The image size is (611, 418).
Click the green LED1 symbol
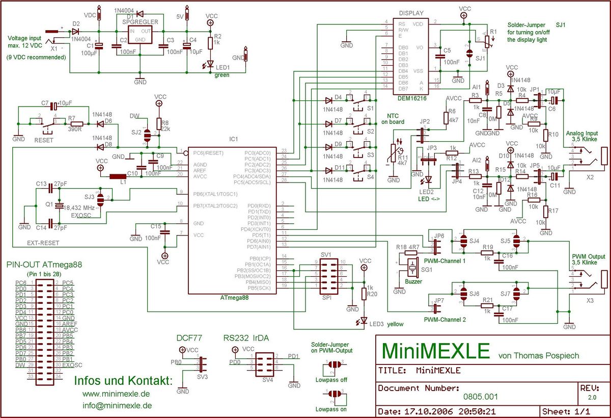(x=210, y=65)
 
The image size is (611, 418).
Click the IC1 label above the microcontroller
(x=233, y=139)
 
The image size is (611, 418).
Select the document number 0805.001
(x=481, y=396)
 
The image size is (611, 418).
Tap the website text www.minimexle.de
(x=116, y=394)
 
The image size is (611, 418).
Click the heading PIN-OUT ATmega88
(x=44, y=265)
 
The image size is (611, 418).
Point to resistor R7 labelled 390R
(x=76, y=123)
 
